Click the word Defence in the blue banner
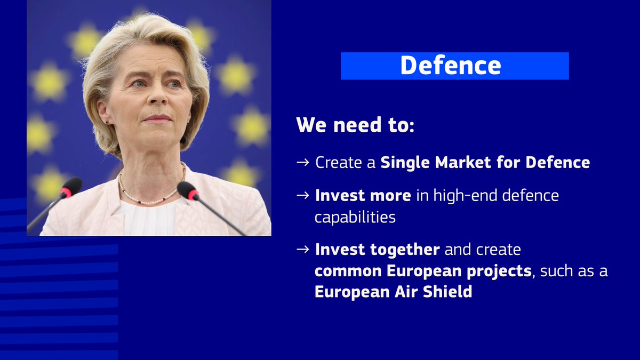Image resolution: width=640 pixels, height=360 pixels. (450, 66)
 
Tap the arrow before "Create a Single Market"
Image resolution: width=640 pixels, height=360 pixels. (302, 163)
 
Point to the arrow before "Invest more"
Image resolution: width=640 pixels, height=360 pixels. (302, 196)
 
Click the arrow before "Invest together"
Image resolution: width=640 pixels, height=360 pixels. (302, 250)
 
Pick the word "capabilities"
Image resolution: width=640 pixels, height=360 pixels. (355, 218)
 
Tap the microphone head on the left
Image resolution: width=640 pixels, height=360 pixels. (71, 187)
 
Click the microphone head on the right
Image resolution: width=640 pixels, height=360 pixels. (188, 190)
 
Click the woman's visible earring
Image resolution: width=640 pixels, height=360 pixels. (107, 122)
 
